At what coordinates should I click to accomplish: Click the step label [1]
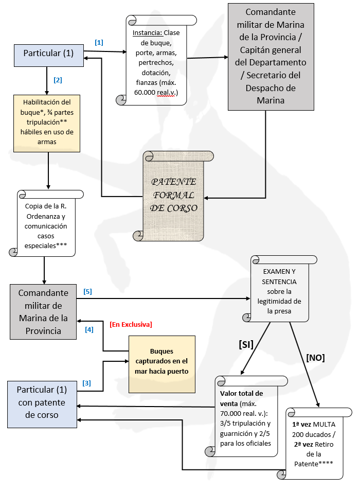point(99,42)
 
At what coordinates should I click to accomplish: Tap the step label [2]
point(58,80)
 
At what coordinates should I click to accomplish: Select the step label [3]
point(87,383)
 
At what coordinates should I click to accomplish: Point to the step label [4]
point(89,329)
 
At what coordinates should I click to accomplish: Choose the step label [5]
point(87,292)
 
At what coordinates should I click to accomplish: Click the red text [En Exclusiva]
point(131,324)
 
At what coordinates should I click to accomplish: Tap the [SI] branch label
point(246,345)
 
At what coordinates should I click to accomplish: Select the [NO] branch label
point(315,357)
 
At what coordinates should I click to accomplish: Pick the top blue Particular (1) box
point(48,54)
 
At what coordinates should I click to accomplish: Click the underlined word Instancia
point(147,33)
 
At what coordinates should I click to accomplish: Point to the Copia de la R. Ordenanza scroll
point(46,225)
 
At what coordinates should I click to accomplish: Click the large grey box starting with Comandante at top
point(271,57)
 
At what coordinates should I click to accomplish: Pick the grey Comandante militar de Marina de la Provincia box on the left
point(43,311)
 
